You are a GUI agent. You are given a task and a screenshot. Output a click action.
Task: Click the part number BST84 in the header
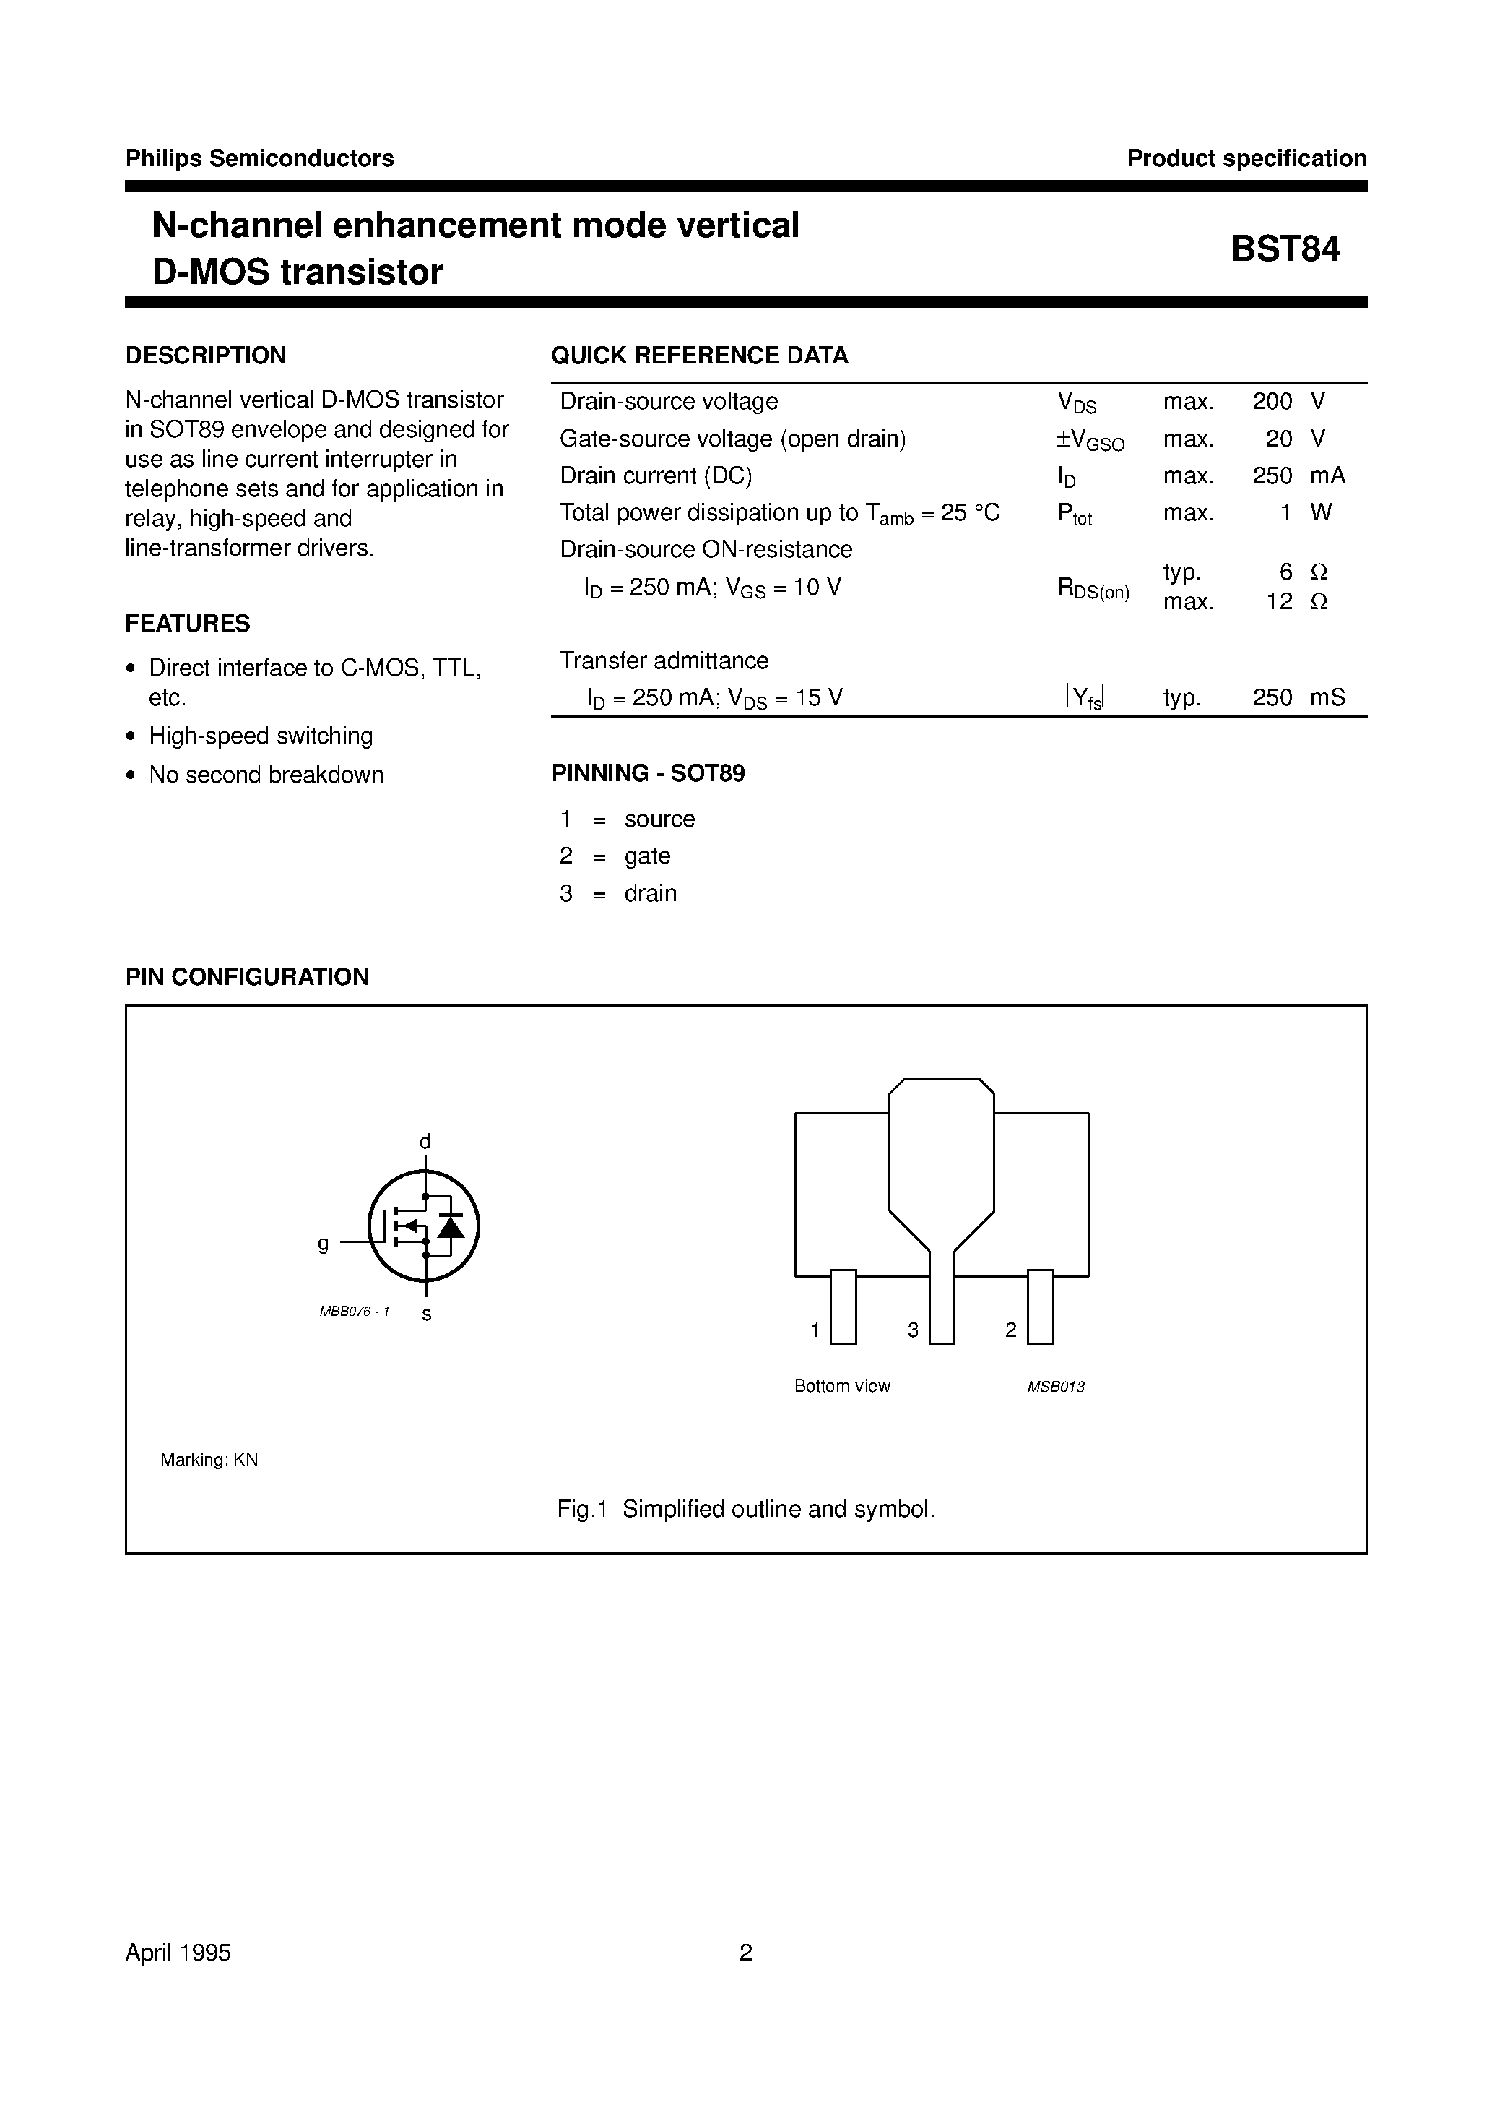pos(1285,249)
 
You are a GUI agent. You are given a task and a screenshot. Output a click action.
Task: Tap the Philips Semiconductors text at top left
pos(259,158)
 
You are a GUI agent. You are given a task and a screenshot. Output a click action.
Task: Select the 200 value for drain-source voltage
pos(1272,401)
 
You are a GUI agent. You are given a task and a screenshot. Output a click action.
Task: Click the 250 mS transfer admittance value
pos(1298,697)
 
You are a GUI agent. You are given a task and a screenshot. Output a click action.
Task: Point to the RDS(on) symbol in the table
pos(1093,589)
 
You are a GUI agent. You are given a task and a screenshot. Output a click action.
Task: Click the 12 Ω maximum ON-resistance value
pos(1296,602)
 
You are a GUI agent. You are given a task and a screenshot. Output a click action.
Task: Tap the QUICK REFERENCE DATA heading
pos(699,356)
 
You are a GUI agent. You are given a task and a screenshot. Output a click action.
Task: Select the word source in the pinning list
pos(659,819)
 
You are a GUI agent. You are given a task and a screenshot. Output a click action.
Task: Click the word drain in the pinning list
pos(651,894)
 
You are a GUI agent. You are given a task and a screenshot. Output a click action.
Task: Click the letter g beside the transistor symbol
pos(323,1244)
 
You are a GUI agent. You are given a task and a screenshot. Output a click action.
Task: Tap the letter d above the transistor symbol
pos(425,1142)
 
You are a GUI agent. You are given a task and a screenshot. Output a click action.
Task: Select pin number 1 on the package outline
pos(816,1330)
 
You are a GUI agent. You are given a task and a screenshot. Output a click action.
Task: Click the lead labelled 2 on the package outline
pos(1041,1307)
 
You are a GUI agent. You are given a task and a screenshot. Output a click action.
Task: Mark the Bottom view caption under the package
pos(841,1386)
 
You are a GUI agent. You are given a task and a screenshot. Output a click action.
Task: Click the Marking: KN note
pos(209,1460)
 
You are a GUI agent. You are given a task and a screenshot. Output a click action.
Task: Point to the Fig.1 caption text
pos(746,1510)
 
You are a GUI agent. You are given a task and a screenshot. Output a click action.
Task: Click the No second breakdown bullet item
pos(266,775)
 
